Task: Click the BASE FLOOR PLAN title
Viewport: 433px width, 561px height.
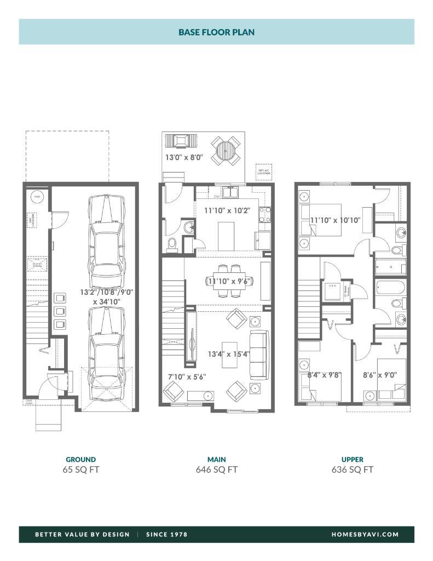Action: (216, 32)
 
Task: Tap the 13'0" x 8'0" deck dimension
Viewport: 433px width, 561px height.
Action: (184, 157)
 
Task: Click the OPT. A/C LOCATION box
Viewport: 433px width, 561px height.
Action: (264, 171)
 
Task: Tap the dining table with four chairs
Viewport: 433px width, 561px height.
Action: (229, 280)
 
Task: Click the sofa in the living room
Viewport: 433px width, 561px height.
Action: (258, 355)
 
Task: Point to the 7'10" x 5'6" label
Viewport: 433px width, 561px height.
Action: (187, 377)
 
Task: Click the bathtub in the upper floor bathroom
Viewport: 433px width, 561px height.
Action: (389, 287)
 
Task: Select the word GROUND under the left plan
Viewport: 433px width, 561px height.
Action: (81, 459)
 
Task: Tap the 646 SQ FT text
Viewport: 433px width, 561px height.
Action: (216, 470)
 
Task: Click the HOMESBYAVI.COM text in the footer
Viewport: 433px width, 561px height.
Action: (365, 534)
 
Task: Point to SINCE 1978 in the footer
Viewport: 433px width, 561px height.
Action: (166, 534)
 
